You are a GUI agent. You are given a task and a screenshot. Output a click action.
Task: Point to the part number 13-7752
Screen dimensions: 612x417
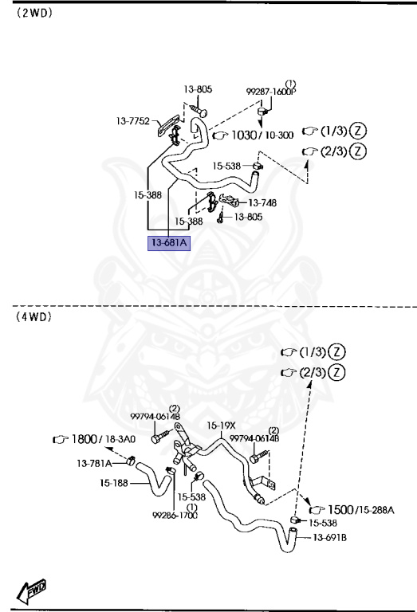click(x=132, y=121)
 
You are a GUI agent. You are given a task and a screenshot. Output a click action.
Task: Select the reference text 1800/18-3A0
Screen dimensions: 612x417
click(x=103, y=439)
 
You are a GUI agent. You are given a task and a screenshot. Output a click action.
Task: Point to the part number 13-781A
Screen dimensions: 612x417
click(x=93, y=463)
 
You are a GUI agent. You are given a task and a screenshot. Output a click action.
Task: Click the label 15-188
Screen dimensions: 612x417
click(x=115, y=482)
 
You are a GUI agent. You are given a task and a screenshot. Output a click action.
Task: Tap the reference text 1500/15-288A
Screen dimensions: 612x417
click(x=356, y=508)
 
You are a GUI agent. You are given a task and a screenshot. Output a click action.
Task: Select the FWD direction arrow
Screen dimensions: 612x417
click(x=30, y=591)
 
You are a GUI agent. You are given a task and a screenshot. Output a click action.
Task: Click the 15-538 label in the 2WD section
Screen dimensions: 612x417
click(x=226, y=166)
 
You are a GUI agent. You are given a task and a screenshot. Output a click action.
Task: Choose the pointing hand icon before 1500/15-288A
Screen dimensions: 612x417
click(x=314, y=508)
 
